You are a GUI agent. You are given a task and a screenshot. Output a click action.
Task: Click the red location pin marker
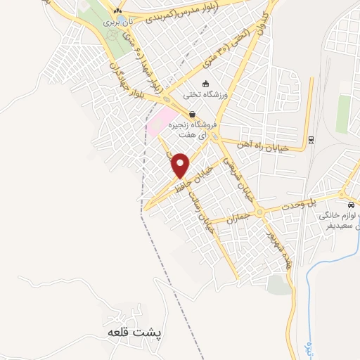tap(181, 165)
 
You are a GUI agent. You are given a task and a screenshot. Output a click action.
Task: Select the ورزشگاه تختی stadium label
tap(203, 94)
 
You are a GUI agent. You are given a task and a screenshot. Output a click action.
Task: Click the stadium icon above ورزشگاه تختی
tap(205, 84)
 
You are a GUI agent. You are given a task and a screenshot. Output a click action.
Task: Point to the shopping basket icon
tap(192, 115)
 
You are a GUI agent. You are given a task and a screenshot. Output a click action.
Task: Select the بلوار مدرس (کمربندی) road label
tap(187, 15)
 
